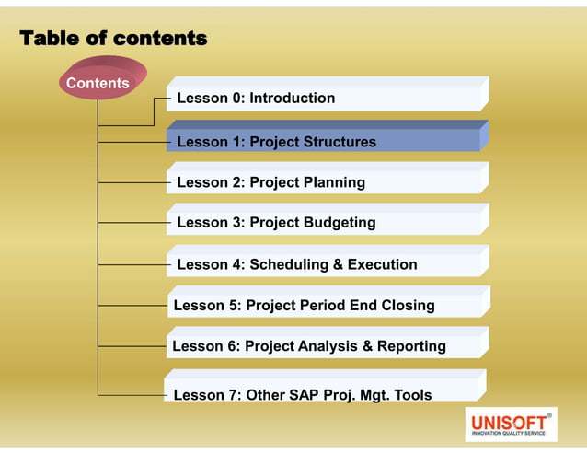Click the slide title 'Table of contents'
pos(113,39)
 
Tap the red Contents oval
pos(98,83)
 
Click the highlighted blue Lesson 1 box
pos(327,141)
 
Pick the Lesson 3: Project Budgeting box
pos(327,222)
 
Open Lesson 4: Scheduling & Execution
pos(327,264)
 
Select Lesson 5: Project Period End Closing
pos(327,305)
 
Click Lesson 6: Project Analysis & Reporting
pos(327,346)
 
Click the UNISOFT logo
pos(511,425)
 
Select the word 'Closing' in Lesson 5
pos(405,306)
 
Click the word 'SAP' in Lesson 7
pos(301,396)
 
